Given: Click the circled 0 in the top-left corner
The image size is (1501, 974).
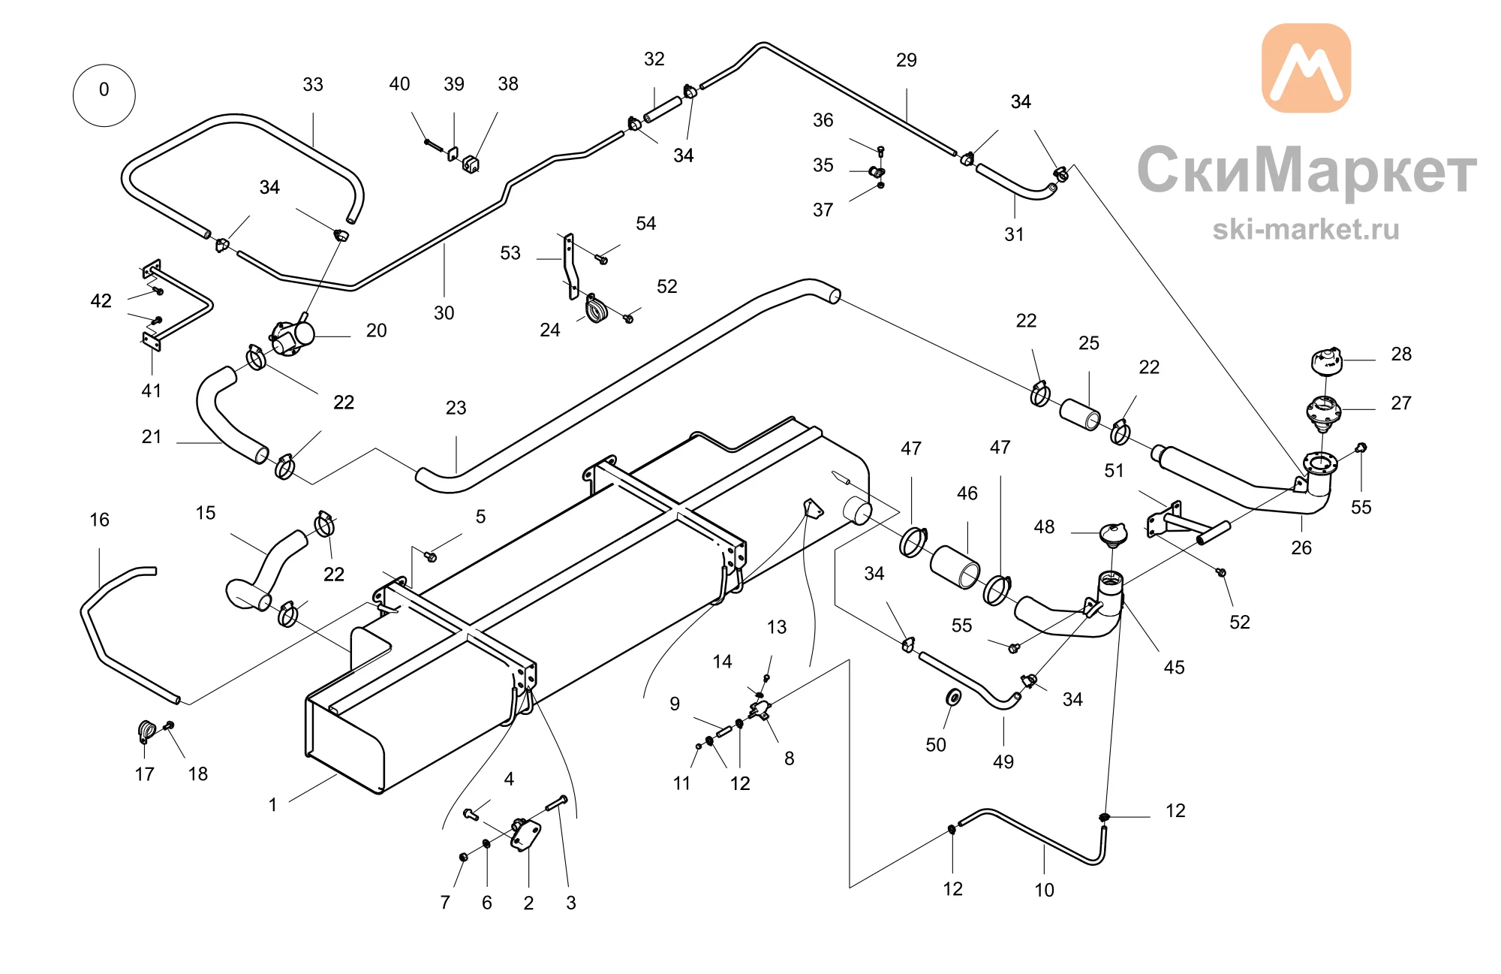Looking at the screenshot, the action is (104, 95).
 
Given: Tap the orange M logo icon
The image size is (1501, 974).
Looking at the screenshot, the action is (1306, 68).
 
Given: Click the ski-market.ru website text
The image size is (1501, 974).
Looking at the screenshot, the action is (1306, 229).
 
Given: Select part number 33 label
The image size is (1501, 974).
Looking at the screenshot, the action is (313, 84).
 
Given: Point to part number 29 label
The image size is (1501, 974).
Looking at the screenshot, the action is (907, 60).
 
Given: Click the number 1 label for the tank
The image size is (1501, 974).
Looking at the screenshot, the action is (273, 805).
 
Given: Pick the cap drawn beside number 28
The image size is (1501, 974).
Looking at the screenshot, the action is (1326, 360).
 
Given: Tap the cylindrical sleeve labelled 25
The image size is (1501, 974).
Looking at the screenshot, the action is (1080, 415).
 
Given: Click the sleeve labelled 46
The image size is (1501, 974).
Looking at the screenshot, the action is (955, 568).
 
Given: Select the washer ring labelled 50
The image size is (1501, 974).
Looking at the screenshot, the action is (954, 698).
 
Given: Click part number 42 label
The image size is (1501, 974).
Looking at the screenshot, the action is (101, 301).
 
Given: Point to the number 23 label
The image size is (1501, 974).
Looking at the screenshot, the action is (456, 408).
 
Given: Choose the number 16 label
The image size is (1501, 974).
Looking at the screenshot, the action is (99, 520).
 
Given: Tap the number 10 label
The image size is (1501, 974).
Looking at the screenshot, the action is (1044, 890).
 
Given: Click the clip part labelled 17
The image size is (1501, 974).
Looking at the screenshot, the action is (146, 731).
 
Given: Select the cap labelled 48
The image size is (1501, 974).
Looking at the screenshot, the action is (1112, 533).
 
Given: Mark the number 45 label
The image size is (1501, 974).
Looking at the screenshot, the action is (1174, 668).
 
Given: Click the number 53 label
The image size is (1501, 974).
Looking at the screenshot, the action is (510, 253).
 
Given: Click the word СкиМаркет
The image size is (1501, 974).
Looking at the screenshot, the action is (1307, 170).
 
